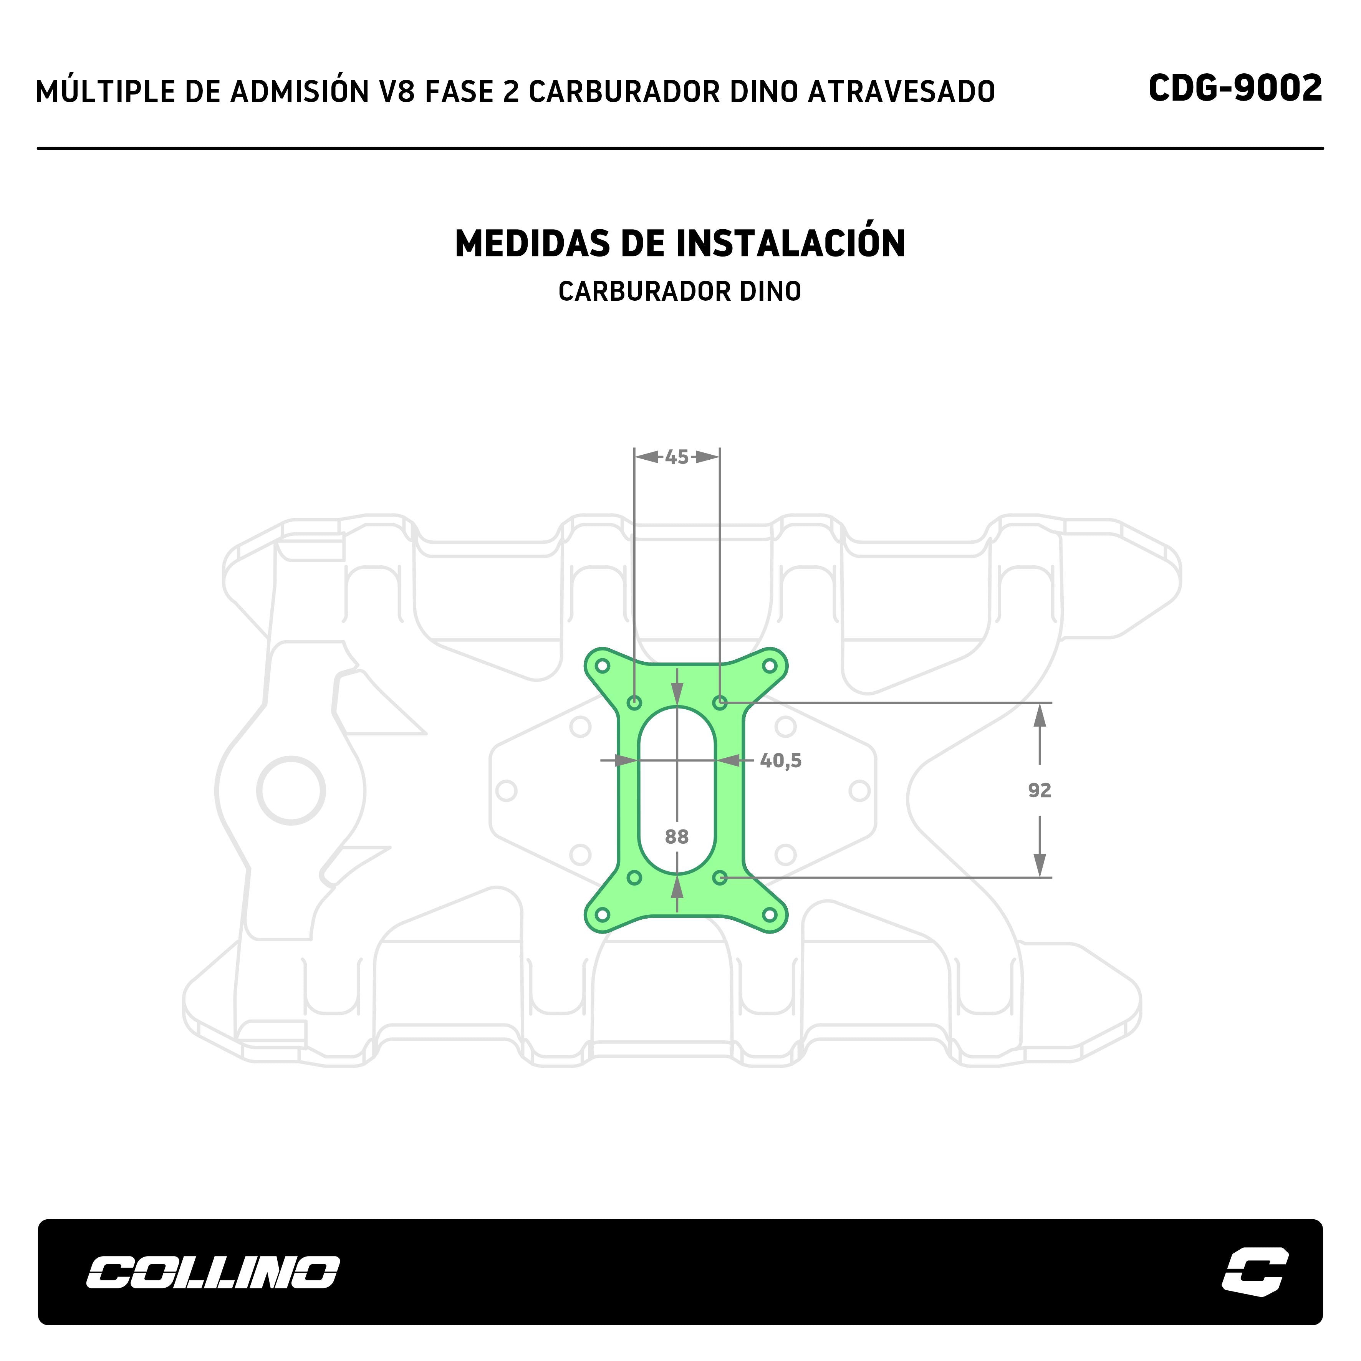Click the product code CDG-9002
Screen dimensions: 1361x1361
[x=1235, y=89]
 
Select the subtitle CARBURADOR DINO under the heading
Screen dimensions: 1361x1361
[x=680, y=291]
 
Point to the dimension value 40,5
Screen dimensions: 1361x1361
[x=780, y=761]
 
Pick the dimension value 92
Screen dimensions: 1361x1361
[x=1039, y=790]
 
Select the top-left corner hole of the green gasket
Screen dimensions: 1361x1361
[x=602, y=666]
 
